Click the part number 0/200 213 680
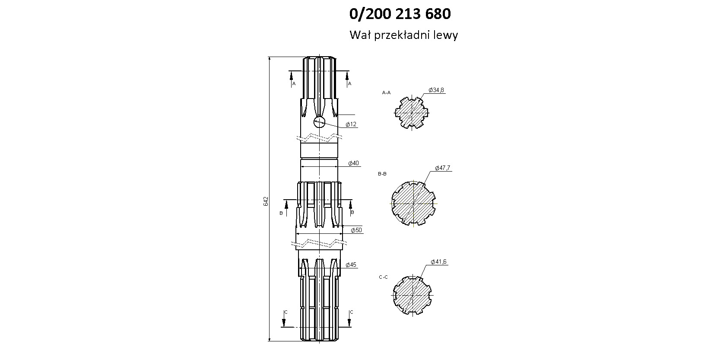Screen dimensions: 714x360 (x=400, y=14)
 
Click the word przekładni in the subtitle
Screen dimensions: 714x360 (x=403, y=35)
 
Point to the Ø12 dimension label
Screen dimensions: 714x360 (x=351, y=124)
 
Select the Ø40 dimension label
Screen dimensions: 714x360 (x=353, y=163)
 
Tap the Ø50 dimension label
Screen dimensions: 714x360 (x=356, y=230)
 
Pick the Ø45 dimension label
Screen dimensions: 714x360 (x=351, y=264)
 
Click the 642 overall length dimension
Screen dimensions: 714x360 (x=266, y=201)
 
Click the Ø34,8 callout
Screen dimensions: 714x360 (x=436, y=90)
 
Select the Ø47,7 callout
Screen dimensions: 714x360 (x=443, y=168)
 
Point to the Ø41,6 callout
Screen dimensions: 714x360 (x=438, y=262)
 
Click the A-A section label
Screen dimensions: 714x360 (x=386, y=92)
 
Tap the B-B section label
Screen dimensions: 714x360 (x=382, y=174)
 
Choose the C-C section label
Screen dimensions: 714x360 (x=384, y=277)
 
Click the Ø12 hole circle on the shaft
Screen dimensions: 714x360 (x=319, y=121)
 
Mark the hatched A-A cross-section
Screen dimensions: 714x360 (x=412, y=112)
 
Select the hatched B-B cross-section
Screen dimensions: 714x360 (x=413, y=203)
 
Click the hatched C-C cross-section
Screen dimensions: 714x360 (x=412, y=295)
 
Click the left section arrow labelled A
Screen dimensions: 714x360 (x=291, y=79)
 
